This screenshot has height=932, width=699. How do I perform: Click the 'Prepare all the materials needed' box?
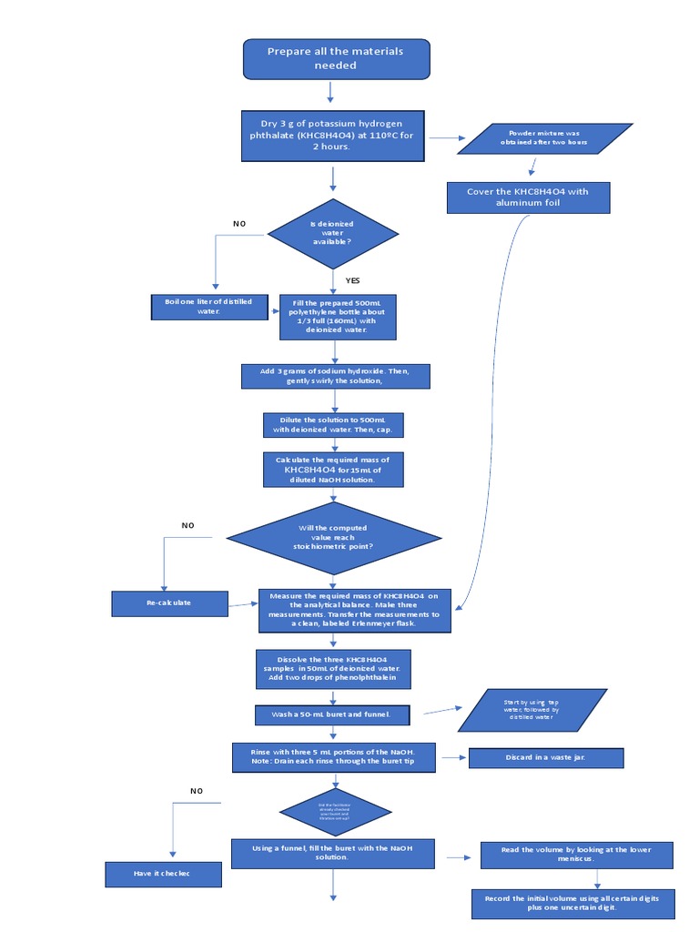335,58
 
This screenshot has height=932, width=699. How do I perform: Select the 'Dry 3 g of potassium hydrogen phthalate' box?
331,136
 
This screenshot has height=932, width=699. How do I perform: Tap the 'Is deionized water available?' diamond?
332,233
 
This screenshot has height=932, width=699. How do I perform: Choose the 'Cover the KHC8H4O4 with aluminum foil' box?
528,198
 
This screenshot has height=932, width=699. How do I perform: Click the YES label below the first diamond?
352,280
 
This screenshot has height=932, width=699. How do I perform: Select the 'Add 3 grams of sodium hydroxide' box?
334,375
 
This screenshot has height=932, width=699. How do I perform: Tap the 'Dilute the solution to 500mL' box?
332,424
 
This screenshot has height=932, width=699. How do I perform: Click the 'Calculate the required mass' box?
332,470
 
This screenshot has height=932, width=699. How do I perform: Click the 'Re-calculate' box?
168,603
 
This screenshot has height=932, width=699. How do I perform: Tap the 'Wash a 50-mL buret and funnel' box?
331,714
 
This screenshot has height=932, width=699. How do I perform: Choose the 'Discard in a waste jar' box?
545,757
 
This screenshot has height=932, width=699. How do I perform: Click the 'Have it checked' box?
162,875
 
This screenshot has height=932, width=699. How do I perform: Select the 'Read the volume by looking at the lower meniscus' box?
576,855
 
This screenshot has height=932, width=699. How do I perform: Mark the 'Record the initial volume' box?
572,903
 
